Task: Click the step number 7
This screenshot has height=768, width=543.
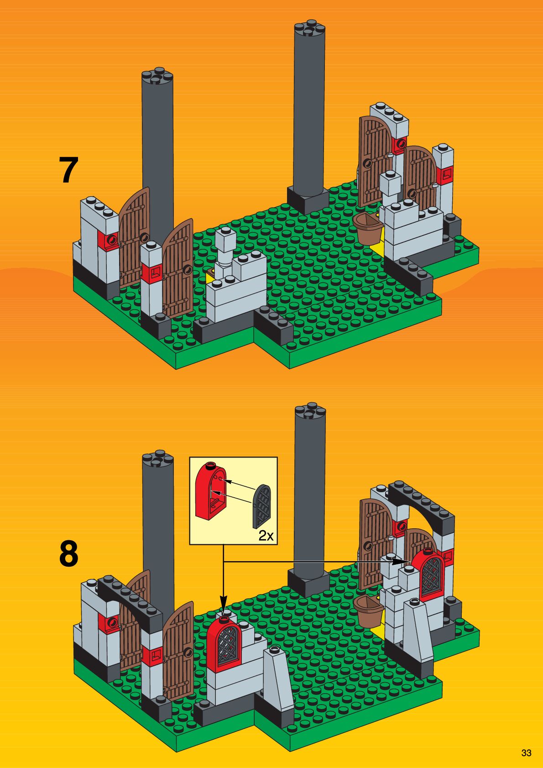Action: pos(68,170)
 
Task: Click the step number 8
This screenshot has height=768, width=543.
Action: pos(68,554)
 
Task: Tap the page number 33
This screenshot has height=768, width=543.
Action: pos(526,753)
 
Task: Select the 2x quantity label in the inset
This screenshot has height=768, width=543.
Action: pos(266,536)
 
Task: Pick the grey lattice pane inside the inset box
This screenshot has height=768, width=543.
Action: pos(262,507)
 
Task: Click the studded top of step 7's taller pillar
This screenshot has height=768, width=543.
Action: pos(309,28)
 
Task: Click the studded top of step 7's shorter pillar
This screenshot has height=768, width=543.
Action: pos(157,76)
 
